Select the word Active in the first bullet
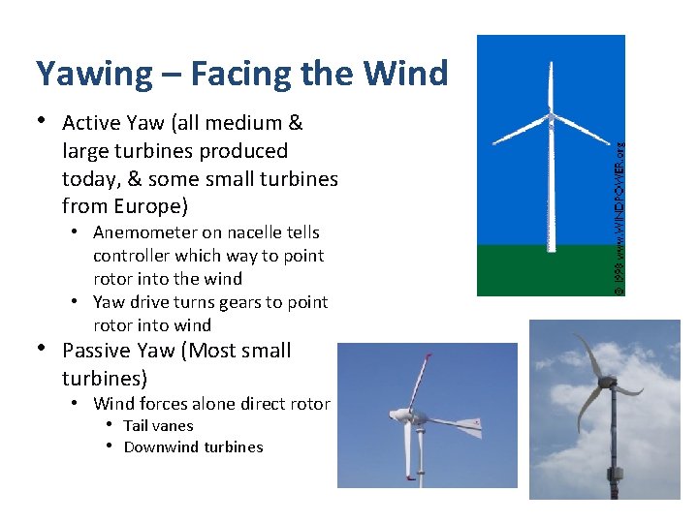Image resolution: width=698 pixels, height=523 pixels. pyautogui.click(x=90, y=123)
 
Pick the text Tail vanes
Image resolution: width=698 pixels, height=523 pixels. pyautogui.click(x=158, y=425)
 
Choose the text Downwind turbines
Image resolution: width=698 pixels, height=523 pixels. pyautogui.click(x=193, y=446)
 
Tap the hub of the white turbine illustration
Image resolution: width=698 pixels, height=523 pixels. pyautogui.click(x=551, y=122)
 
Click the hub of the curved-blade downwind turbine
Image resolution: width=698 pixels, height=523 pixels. pyautogui.click(x=608, y=381)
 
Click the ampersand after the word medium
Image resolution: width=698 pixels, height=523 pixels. pyautogui.click(x=296, y=123)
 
